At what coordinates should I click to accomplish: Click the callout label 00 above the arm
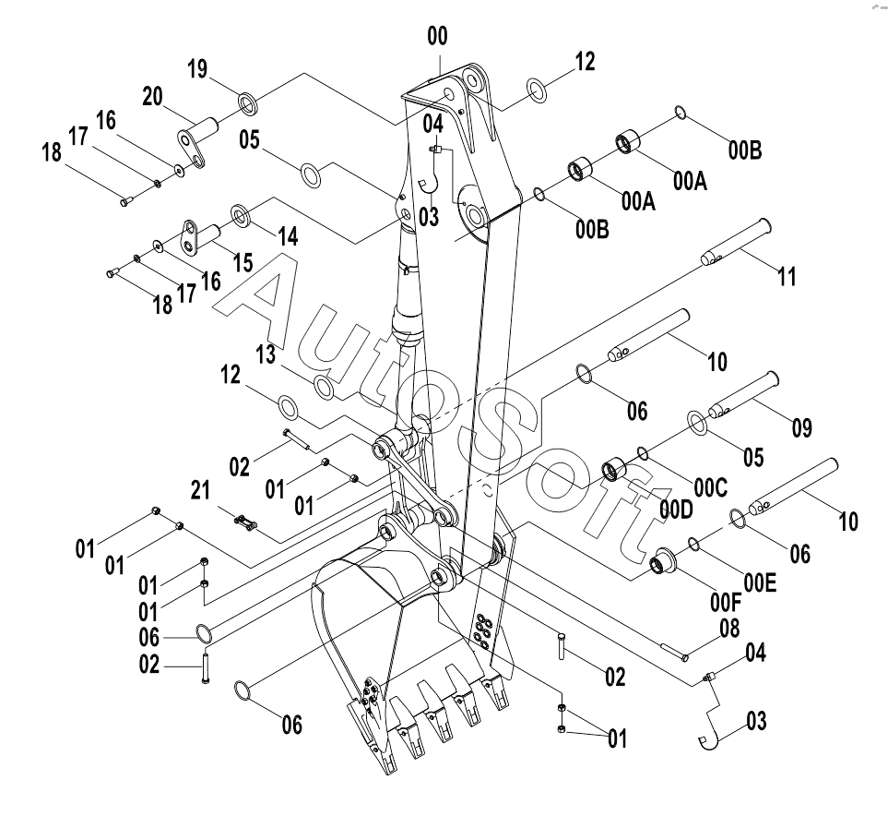437,36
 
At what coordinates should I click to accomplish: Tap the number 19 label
197,69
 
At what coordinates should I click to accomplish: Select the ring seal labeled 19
247,102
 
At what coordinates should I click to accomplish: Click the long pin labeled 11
736,242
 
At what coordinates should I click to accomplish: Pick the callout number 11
787,277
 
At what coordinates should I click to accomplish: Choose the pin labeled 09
743,395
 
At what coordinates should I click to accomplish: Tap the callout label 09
801,427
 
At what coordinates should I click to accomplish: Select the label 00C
710,487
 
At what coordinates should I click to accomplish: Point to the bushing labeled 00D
613,470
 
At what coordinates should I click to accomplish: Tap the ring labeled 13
324,387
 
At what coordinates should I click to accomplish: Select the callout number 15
243,262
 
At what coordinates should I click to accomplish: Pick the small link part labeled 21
244,522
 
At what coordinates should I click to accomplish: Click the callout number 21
200,490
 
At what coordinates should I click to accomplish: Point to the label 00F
726,603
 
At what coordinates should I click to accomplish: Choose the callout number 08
729,628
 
